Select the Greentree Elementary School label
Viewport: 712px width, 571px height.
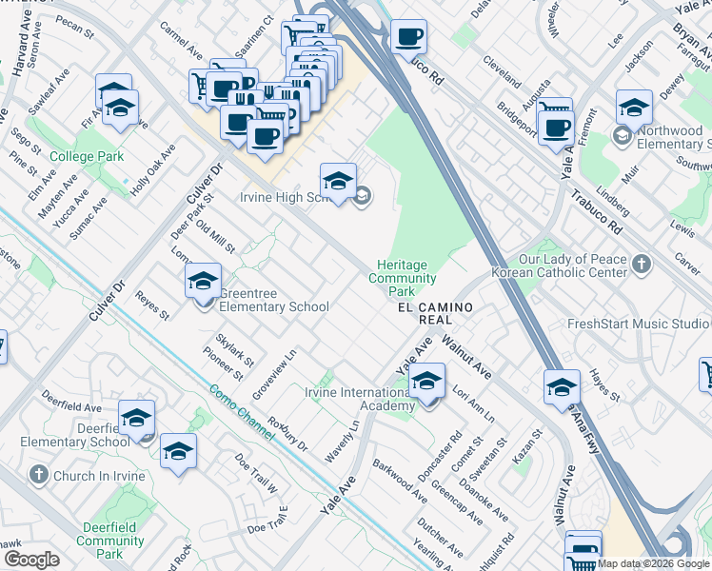coord(274,300)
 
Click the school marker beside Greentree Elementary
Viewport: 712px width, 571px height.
coord(203,283)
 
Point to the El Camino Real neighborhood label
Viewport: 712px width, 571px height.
coord(435,314)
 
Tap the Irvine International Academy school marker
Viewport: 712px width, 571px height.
coord(427,383)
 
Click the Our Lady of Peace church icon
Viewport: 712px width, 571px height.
coord(643,265)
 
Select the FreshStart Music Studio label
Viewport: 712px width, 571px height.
coord(638,324)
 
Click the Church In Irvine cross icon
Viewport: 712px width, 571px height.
coord(38,475)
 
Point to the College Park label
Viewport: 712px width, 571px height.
coord(88,156)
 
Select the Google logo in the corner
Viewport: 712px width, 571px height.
coord(31,560)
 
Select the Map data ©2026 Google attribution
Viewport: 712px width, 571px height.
coord(654,563)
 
